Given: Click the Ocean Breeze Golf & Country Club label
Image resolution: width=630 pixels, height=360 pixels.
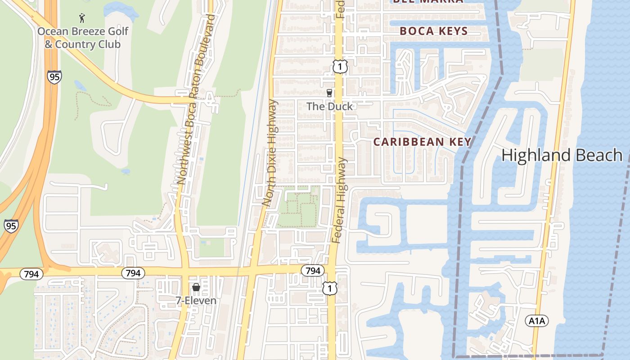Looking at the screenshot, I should [x=83, y=38].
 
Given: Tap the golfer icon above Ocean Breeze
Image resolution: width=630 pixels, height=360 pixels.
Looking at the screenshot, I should [x=82, y=18].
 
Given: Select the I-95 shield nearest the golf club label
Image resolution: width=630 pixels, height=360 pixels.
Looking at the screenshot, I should [x=54, y=77].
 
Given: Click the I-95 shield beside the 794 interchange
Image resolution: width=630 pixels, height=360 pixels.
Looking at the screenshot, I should [x=11, y=225].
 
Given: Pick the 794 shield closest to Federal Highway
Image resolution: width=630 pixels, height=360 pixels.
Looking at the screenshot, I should [x=313, y=270].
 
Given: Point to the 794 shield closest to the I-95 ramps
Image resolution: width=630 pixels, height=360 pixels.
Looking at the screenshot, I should [x=31, y=274].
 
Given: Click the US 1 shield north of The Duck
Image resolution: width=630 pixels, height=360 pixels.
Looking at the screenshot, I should [x=340, y=67].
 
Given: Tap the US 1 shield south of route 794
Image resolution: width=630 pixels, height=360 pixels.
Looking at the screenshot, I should [x=330, y=288].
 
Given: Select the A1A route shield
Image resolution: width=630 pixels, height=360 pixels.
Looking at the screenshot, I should [x=537, y=320].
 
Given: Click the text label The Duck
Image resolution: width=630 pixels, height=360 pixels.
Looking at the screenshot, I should [x=329, y=107].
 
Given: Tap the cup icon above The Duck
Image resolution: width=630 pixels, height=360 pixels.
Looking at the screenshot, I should [x=329, y=93].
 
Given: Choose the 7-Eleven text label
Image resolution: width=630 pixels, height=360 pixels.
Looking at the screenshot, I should [x=196, y=301].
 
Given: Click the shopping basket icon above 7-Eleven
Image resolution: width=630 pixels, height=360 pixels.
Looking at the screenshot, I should [x=196, y=287].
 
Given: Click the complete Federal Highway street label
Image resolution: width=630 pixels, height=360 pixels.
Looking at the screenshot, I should [x=340, y=200].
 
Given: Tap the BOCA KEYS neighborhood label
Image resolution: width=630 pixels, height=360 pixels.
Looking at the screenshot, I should [x=434, y=31].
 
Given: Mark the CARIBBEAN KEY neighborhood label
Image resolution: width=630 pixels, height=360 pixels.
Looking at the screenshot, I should [x=423, y=142].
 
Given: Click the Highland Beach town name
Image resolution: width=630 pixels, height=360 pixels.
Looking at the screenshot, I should [x=562, y=155].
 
